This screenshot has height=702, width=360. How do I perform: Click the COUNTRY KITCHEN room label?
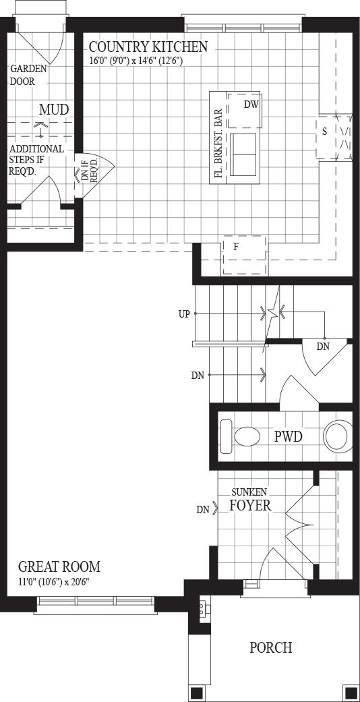tap(148, 47)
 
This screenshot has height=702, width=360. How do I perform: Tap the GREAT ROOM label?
tap(59, 566)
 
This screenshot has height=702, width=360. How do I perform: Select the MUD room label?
tap(54, 109)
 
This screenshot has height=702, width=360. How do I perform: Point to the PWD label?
tap(288, 436)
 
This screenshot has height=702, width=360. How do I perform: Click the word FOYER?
tap(250, 506)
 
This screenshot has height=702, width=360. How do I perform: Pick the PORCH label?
tap(271, 647)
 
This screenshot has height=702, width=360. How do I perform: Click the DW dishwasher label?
tap(252, 105)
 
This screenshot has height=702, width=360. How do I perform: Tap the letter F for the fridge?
tap(235, 246)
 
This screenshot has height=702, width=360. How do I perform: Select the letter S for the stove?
tap(324, 132)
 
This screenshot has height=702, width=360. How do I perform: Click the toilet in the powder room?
tap(241, 436)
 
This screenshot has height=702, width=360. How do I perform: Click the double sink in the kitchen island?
tap(243, 154)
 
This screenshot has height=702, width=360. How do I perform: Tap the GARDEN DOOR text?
tap(29, 76)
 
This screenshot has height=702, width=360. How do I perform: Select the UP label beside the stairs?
tap(183, 314)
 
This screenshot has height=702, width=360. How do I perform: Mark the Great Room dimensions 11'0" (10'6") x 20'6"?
tap(57, 583)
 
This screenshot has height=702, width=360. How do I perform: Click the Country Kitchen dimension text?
tap(136, 61)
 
